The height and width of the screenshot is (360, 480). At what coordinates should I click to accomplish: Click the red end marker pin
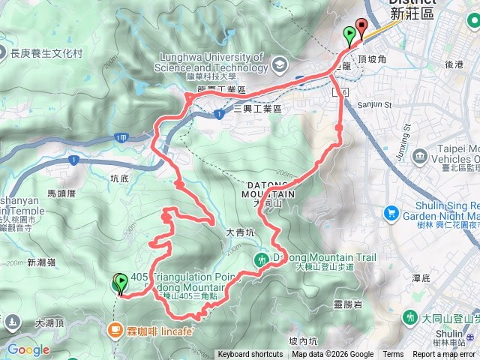[361, 27]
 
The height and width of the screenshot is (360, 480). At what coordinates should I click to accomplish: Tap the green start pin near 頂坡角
[349, 34]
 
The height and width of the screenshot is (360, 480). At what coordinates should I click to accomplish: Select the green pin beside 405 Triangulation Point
[120, 283]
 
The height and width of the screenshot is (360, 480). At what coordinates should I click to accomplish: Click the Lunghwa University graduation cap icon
[278, 64]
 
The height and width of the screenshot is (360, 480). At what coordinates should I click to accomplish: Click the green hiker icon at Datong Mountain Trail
[261, 259]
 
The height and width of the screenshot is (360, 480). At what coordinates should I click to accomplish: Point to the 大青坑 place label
[241, 233]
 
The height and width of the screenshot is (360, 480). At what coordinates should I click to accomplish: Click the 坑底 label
[120, 178]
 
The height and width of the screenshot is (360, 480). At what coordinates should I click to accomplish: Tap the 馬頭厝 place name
[61, 193]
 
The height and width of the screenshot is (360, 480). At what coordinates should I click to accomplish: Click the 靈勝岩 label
[348, 304]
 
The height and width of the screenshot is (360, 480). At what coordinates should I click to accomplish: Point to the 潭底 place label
[421, 277]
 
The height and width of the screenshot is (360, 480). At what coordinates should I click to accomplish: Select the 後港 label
[454, 64]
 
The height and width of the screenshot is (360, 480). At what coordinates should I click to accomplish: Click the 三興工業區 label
[257, 109]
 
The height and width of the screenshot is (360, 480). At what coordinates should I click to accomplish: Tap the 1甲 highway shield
[121, 137]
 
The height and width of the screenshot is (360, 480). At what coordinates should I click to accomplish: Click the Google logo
[28, 349]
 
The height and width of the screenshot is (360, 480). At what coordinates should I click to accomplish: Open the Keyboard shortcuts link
[250, 355]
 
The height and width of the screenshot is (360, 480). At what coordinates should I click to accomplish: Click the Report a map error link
[444, 355]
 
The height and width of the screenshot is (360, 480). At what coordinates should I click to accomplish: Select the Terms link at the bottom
[393, 355]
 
